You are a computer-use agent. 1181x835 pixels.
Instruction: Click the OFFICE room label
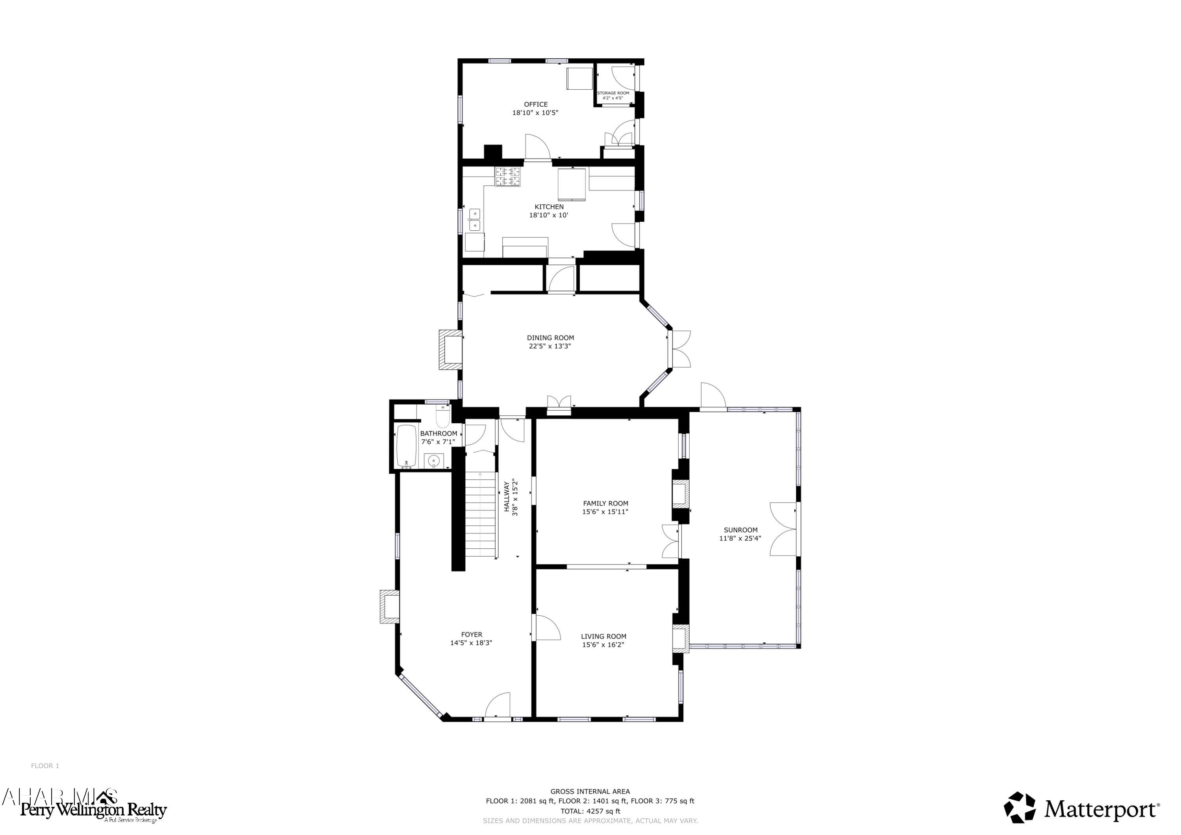tap(535, 104)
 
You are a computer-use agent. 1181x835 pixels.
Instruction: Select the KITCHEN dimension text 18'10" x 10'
tap(548, 215)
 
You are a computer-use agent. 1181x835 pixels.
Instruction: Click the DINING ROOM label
tap(550, 338)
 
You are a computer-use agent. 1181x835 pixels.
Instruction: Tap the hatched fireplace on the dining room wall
tap(450, 350)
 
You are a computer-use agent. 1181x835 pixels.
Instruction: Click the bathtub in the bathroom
tap(406, 446)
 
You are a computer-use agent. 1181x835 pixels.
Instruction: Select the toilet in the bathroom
tap(443, 417)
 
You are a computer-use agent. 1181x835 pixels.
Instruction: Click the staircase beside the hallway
tap(481, 515)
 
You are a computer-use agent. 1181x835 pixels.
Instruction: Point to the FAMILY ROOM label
tap(605, 503)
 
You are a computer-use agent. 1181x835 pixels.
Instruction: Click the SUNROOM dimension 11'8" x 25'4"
tap(740, 538)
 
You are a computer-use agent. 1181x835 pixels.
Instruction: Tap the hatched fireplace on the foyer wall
tap(389, 607)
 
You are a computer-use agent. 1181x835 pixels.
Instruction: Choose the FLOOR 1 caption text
tap(45, 766)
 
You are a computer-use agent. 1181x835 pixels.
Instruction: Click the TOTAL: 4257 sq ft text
tap(590, 811)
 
